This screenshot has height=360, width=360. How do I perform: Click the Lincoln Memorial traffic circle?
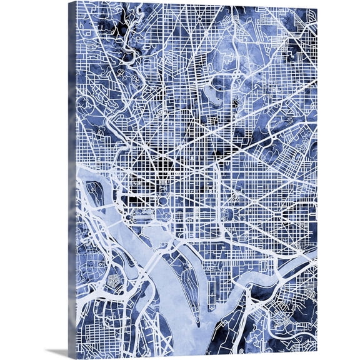119,216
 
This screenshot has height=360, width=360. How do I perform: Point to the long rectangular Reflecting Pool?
139,215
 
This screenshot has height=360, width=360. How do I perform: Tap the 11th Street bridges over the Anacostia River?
262,269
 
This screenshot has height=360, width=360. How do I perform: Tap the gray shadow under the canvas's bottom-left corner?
59,353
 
